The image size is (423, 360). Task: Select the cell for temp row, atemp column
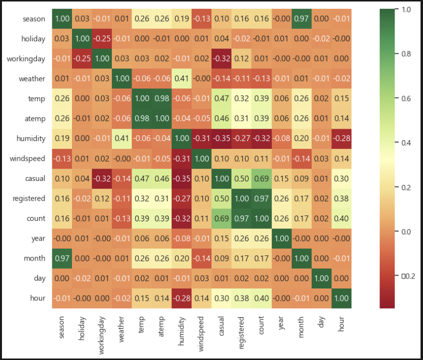click(x=161, y=99)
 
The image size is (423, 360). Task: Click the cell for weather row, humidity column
click(x=181, y=79)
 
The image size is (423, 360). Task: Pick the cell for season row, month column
click(x=301, y=19)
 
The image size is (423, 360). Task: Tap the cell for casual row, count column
click(x=261, y=179)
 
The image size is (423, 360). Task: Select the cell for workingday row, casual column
click(x=221, y=59)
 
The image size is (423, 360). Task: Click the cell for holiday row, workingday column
click(x=102, y=39)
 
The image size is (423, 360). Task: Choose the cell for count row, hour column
click(x=341, y=218)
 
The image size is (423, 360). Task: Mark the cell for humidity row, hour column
click(x=341, y=139)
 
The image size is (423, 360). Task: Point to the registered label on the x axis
click(x=242, y=330)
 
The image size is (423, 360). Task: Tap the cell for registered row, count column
click(x=261, y=198)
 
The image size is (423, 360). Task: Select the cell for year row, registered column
click(x=242, y=238)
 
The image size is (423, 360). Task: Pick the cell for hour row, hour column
click(x=341, y=298)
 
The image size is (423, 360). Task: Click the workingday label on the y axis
click(x=26, y=59)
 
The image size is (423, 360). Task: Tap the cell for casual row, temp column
click(x=141, y=179)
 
